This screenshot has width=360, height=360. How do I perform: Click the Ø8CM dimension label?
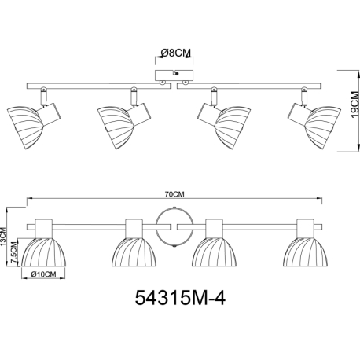point(176,53)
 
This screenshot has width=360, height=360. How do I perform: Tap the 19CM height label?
point(354,105)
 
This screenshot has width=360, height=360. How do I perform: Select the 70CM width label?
point(174,194)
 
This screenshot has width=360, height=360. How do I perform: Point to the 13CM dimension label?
point(3,237)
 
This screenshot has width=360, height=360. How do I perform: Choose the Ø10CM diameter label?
point(43,274)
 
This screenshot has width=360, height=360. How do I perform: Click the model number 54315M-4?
point(180,298)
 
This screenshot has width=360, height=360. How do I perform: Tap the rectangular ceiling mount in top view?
point(174,75)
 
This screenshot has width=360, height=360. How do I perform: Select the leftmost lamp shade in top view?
point(25,127)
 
